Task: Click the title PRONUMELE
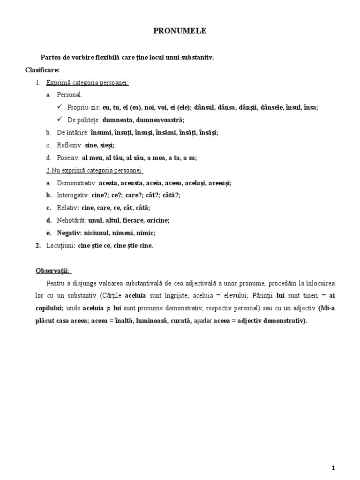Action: click(180, 31)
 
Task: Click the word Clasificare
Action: click(42, 70)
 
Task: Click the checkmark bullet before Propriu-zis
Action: click(59, 107)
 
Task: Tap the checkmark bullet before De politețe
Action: click(59, 120)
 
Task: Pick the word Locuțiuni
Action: click(61, 245)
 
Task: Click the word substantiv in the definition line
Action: click(196, 57)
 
